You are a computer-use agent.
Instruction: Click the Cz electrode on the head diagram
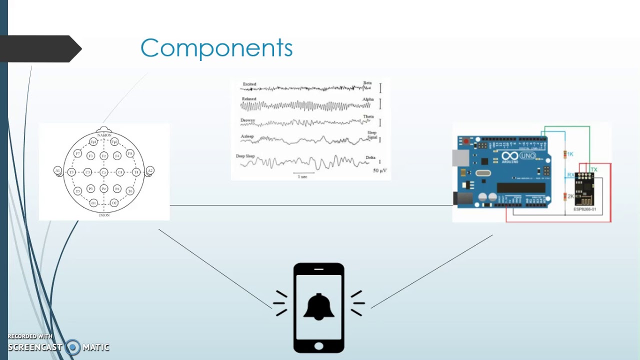point(103,172)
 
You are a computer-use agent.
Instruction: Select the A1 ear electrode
point(57,171)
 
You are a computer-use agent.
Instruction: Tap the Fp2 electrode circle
point(114,142)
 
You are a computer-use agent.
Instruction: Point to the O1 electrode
point(93,203)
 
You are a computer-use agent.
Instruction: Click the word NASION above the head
point(104,135)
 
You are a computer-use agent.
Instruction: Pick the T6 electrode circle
point(130,191)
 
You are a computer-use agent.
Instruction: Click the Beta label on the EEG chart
point(367,83)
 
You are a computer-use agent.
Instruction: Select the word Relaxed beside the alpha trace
point(248,99)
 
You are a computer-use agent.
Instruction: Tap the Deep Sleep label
point(245,156)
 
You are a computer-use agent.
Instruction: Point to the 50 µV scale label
point(380,171)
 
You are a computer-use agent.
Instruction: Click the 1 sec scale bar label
point(302,177)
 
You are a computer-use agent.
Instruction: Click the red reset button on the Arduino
point(466,141)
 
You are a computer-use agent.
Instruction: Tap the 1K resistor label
point(570,154)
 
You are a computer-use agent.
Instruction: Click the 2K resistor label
point(570,196)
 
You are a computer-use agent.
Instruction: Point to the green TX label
point(594,170)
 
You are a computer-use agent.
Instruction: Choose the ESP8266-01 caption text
point(584,209)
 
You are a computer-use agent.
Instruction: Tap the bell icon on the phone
point(318,306)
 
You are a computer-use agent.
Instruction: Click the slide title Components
point(216,48)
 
